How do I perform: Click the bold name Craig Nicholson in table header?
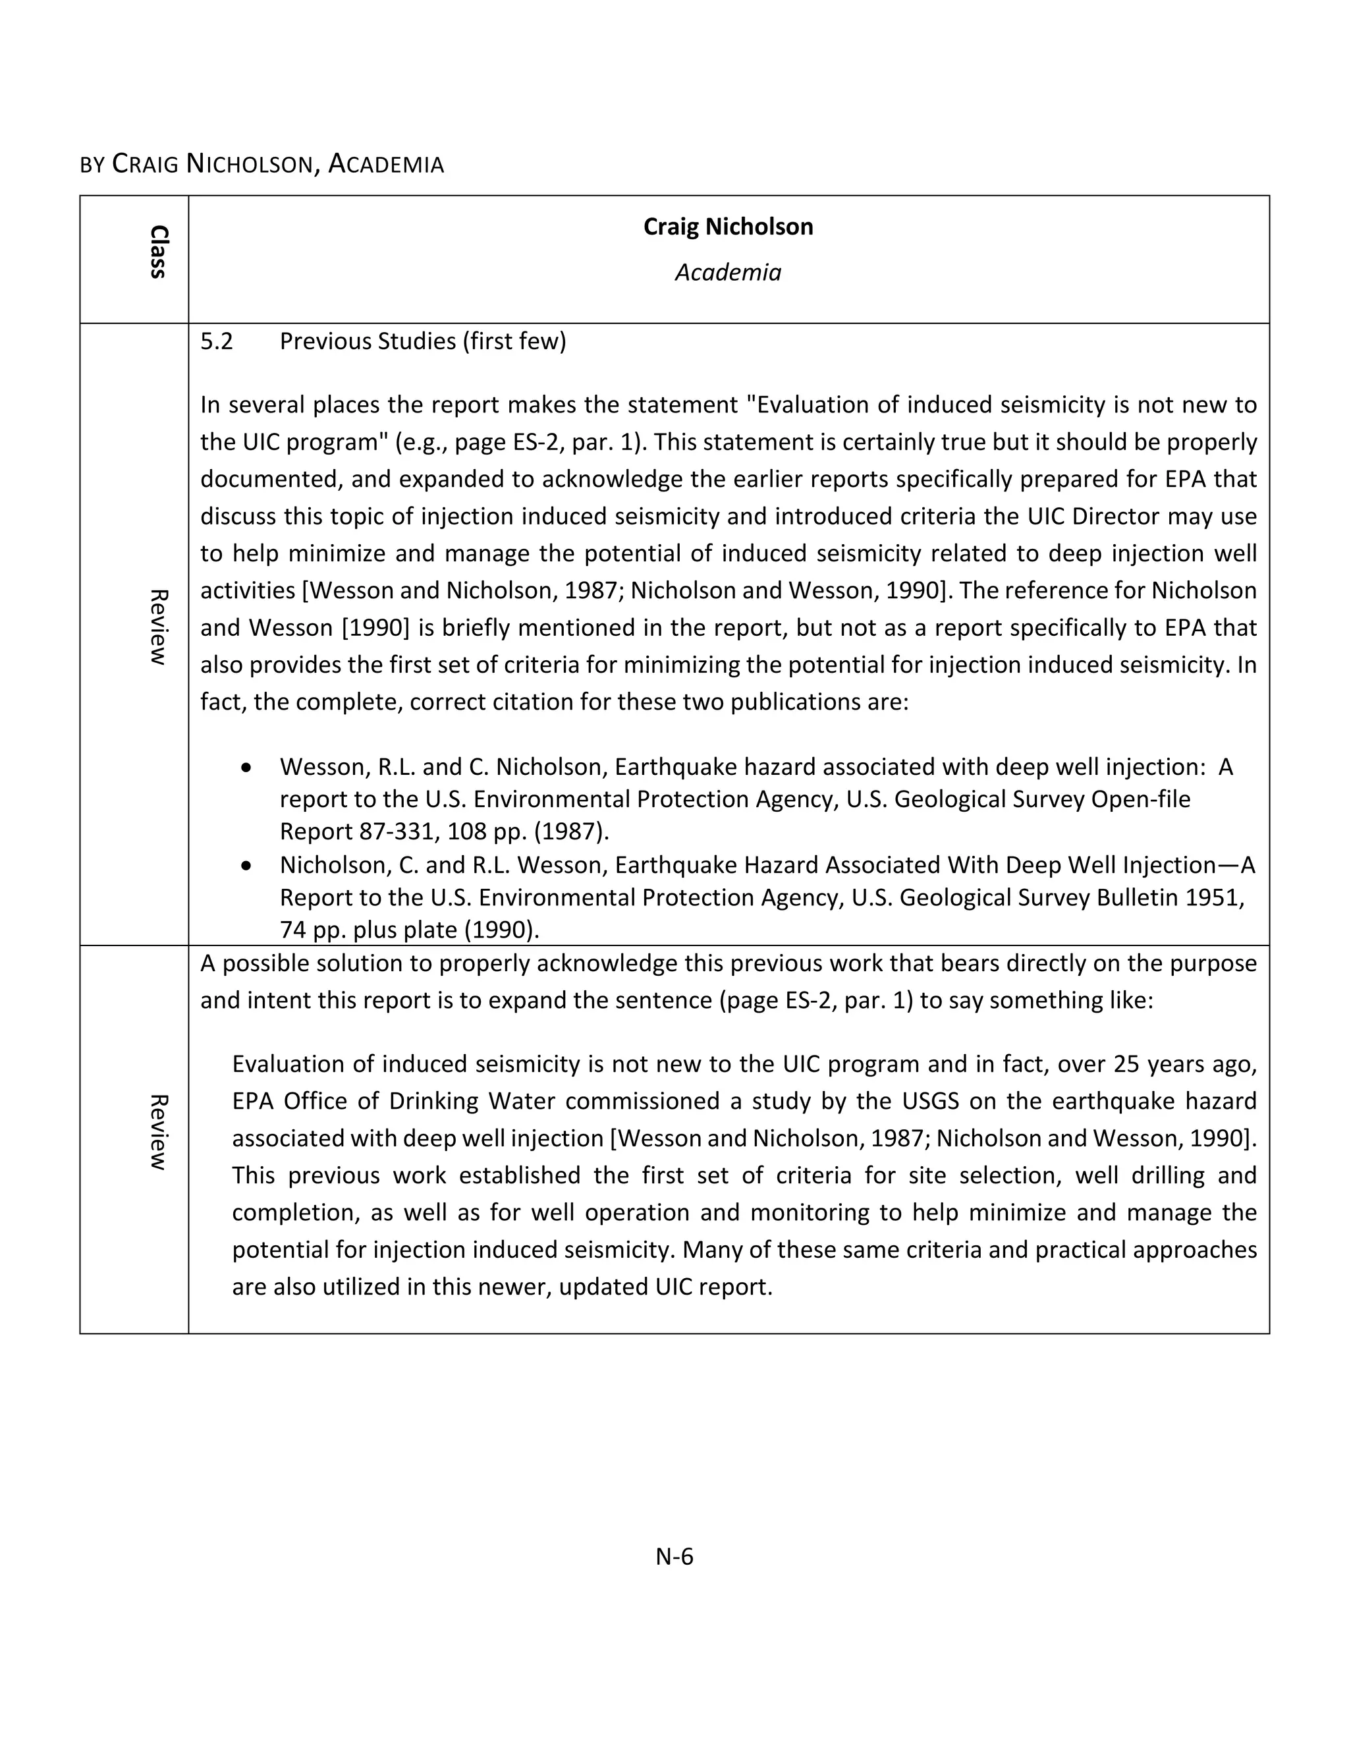pyautogui.click(x=727, y=227)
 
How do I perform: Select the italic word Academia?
pyautogui.click(x=727, y=273)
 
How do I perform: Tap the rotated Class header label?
pyautogui.click(x=158, y=252)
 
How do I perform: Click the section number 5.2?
pyautogui.click(x=217, y=342)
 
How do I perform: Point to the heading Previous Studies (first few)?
pyautogui.click(x=422, y=342)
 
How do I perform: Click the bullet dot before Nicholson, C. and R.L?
pyautogui.click(x=246, y=866)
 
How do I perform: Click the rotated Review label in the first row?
pyautogui.click(x=158, y=627)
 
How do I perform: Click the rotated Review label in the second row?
pyautogui.click(x=158, y=1132)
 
